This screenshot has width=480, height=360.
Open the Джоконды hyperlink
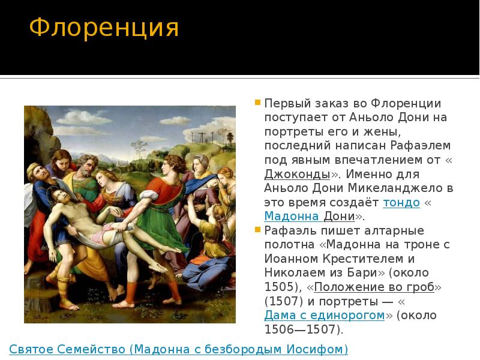(298, 174)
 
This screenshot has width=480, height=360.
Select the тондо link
(401, 202)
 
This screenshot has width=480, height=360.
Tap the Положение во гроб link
(374, 287)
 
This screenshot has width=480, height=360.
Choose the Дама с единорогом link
(325, 315)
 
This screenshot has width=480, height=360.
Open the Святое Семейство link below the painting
(178, 349)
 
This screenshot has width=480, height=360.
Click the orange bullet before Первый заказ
(257, 103)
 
